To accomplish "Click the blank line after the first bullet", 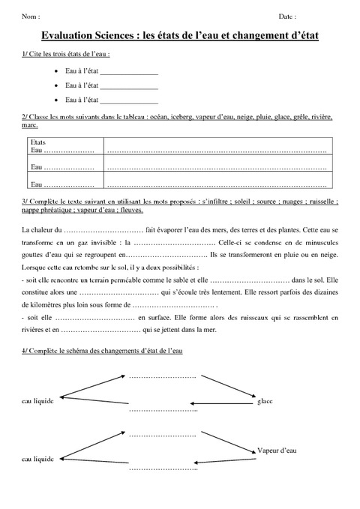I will point(128,73).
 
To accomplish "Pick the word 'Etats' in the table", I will point(38,142).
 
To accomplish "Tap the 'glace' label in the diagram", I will point(265,402).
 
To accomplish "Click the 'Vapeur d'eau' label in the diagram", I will point(276,450).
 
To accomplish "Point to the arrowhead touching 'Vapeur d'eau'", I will point(252,450).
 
